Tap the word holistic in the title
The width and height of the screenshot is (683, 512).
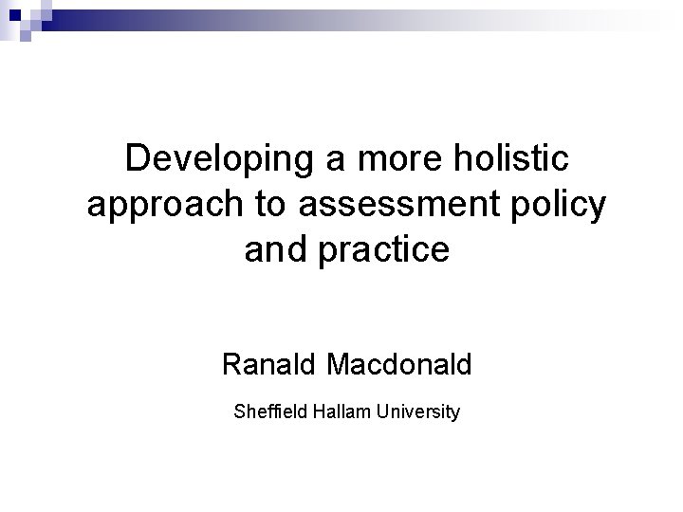tap(498, 159)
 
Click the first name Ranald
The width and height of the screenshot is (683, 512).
tap(270, 363)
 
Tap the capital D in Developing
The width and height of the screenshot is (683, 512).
tap(137, 158)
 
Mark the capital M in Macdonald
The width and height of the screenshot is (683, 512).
tap(341, 363)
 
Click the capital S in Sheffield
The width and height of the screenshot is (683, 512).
tap(237, 412)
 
